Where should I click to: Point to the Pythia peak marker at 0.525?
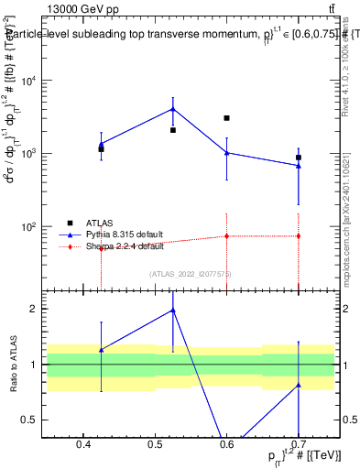pos(173,109)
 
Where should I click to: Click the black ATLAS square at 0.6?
pos(226,118)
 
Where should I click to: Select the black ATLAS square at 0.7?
pos(299,158)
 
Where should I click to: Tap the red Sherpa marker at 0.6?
pos(226,236)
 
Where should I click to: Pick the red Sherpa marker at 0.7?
pos(299,236)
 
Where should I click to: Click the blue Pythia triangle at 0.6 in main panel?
pos(226,152)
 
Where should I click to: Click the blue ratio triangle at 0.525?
pos(173,310)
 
